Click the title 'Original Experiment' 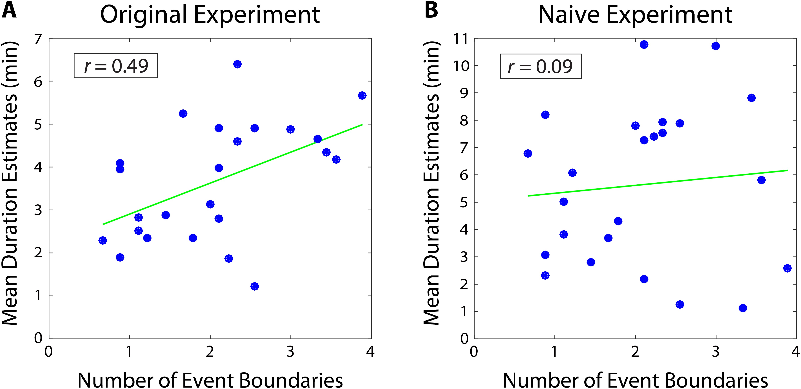(x=210, y=15)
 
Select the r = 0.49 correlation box (x=116, y=66)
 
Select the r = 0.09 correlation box (x=540, y=66)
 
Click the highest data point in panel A (x=237, y=64)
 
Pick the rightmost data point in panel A (x=362, y=96)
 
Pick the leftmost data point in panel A (x=103, y=240)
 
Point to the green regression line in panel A (x=233, y=174)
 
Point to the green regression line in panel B (x=658, y=183)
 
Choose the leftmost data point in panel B (x=528, y=153)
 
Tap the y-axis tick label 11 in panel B (x=460, y=39)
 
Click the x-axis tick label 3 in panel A (x=290, y=352)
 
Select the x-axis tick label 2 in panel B (x=635, y=352)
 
